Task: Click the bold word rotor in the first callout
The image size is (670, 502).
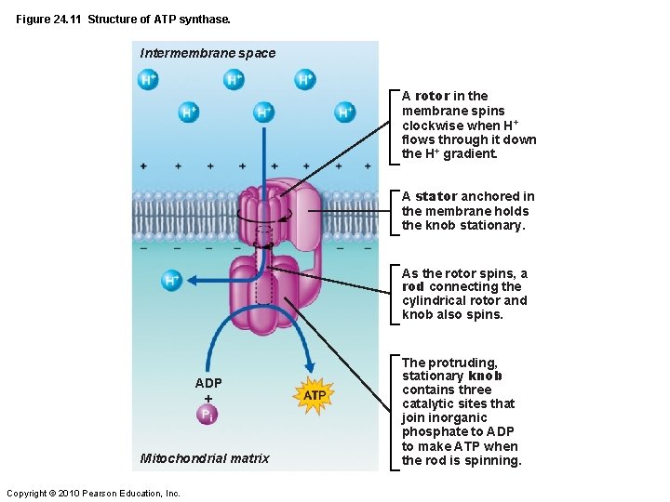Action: (x=433, y=96)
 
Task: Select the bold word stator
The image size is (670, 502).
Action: (x=436, y=196)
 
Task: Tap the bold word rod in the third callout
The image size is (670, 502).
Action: (x=412, y=286)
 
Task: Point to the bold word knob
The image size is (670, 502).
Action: (x=485, y=376)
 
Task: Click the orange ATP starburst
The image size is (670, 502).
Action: (x=315, y=395)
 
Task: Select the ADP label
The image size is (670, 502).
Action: (x=208, y=383)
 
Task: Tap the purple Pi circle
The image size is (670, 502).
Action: (x=208, y=415)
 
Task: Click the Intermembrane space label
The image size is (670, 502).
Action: (x=208, y=53)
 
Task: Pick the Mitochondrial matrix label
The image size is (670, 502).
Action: (x=205, y=457)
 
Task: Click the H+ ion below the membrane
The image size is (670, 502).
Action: (x=172, y=280)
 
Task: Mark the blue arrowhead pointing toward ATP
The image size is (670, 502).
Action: (x=310, y=368)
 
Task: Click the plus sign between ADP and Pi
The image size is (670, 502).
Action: (x=208, y=398)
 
